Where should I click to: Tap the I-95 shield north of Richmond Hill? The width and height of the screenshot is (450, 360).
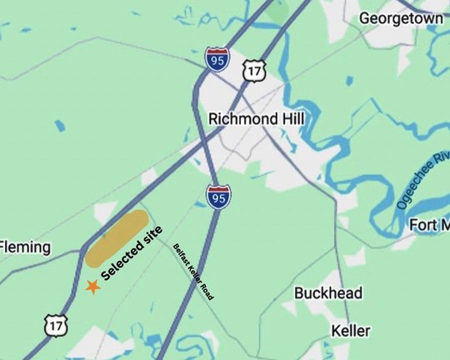pos(216,59)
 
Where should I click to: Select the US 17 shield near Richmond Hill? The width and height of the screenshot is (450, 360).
pos(254,71)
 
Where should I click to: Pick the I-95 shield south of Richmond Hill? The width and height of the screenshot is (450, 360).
pos(218,197)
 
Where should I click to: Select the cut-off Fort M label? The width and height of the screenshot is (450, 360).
pos(430,225)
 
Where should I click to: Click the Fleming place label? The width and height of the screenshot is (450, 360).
pos(25,247)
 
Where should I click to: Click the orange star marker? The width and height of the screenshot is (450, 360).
pos(92,287)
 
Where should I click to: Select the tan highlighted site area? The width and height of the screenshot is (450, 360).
pos(117,238)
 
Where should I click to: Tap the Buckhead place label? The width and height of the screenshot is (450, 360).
pos(328,293)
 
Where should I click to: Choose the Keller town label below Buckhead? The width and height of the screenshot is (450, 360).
pos(350,331)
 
